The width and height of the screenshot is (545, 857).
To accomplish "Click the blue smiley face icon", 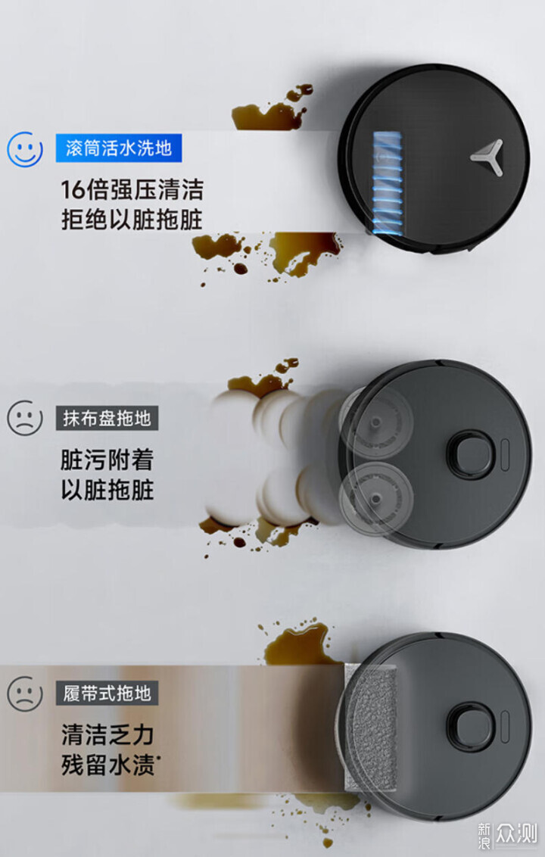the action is coord(24,148).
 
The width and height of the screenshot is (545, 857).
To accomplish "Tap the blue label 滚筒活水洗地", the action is coord(119,148).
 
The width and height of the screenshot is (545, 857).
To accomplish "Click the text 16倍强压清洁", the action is coord(132,190).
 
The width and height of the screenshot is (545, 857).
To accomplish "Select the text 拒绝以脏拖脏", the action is coord(132,220).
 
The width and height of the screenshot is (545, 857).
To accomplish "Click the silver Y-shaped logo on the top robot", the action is coord(487,157).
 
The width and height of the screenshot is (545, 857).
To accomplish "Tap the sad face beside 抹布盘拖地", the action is coord(24,418).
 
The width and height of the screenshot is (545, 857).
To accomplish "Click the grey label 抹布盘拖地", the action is coord(107,418).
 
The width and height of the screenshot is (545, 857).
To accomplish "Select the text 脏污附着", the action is coord(107,460).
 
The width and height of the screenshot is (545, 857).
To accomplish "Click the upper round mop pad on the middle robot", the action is coord(375,422).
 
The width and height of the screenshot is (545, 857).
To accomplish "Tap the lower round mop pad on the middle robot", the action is coord(375,498).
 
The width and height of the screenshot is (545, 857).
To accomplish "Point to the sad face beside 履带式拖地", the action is coord(24,693).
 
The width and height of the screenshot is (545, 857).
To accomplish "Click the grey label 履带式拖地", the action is coord(107,693).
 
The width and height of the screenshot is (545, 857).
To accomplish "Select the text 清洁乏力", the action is coord(107,735).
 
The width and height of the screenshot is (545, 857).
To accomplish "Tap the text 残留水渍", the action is coord(107,765).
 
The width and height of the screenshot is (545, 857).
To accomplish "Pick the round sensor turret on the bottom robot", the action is coord(471,728).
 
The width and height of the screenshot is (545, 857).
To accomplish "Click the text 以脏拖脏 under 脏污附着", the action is coord(107,490).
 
